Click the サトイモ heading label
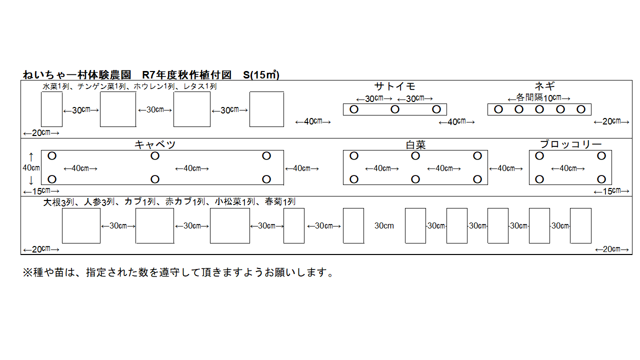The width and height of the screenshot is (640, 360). coord(395,86)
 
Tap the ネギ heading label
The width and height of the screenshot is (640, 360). coord(544,86)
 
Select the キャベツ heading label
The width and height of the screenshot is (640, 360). coord(155,145)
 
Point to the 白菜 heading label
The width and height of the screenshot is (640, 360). coord(415,145)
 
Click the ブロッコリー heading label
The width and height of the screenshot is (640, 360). coord(570,144)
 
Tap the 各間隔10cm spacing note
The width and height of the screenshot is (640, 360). coord(539,98)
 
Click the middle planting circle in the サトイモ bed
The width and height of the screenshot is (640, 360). coord(395,109)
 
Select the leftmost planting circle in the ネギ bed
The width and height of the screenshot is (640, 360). coord(498,109)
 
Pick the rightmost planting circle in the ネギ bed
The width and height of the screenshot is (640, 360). coord(580,109)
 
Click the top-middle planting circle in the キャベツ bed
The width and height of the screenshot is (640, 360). coord(155,156)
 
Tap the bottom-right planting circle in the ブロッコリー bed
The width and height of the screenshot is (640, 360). coord(601,179)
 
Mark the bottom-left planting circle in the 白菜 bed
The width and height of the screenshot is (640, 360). coord(354,179)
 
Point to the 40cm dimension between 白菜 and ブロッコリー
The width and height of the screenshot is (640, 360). coord(508,168)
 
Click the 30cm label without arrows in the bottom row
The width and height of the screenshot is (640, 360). coord(384,226)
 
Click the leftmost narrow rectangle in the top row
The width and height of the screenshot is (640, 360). coord(51,109)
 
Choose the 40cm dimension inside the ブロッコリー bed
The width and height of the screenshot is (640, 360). coord(570,168)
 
